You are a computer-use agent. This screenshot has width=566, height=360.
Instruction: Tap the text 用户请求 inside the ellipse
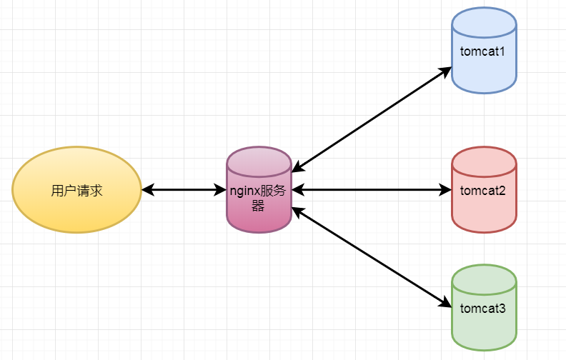76,191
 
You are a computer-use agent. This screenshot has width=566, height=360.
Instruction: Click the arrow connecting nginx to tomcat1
372,119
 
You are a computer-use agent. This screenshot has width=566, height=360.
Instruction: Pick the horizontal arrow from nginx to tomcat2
372,190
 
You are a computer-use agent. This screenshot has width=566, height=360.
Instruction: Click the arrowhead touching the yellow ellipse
147,190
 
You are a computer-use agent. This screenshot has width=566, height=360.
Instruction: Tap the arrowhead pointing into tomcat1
446,71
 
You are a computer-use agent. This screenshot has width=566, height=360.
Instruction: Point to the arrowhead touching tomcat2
446,190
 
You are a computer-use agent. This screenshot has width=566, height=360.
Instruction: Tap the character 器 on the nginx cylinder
258,206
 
